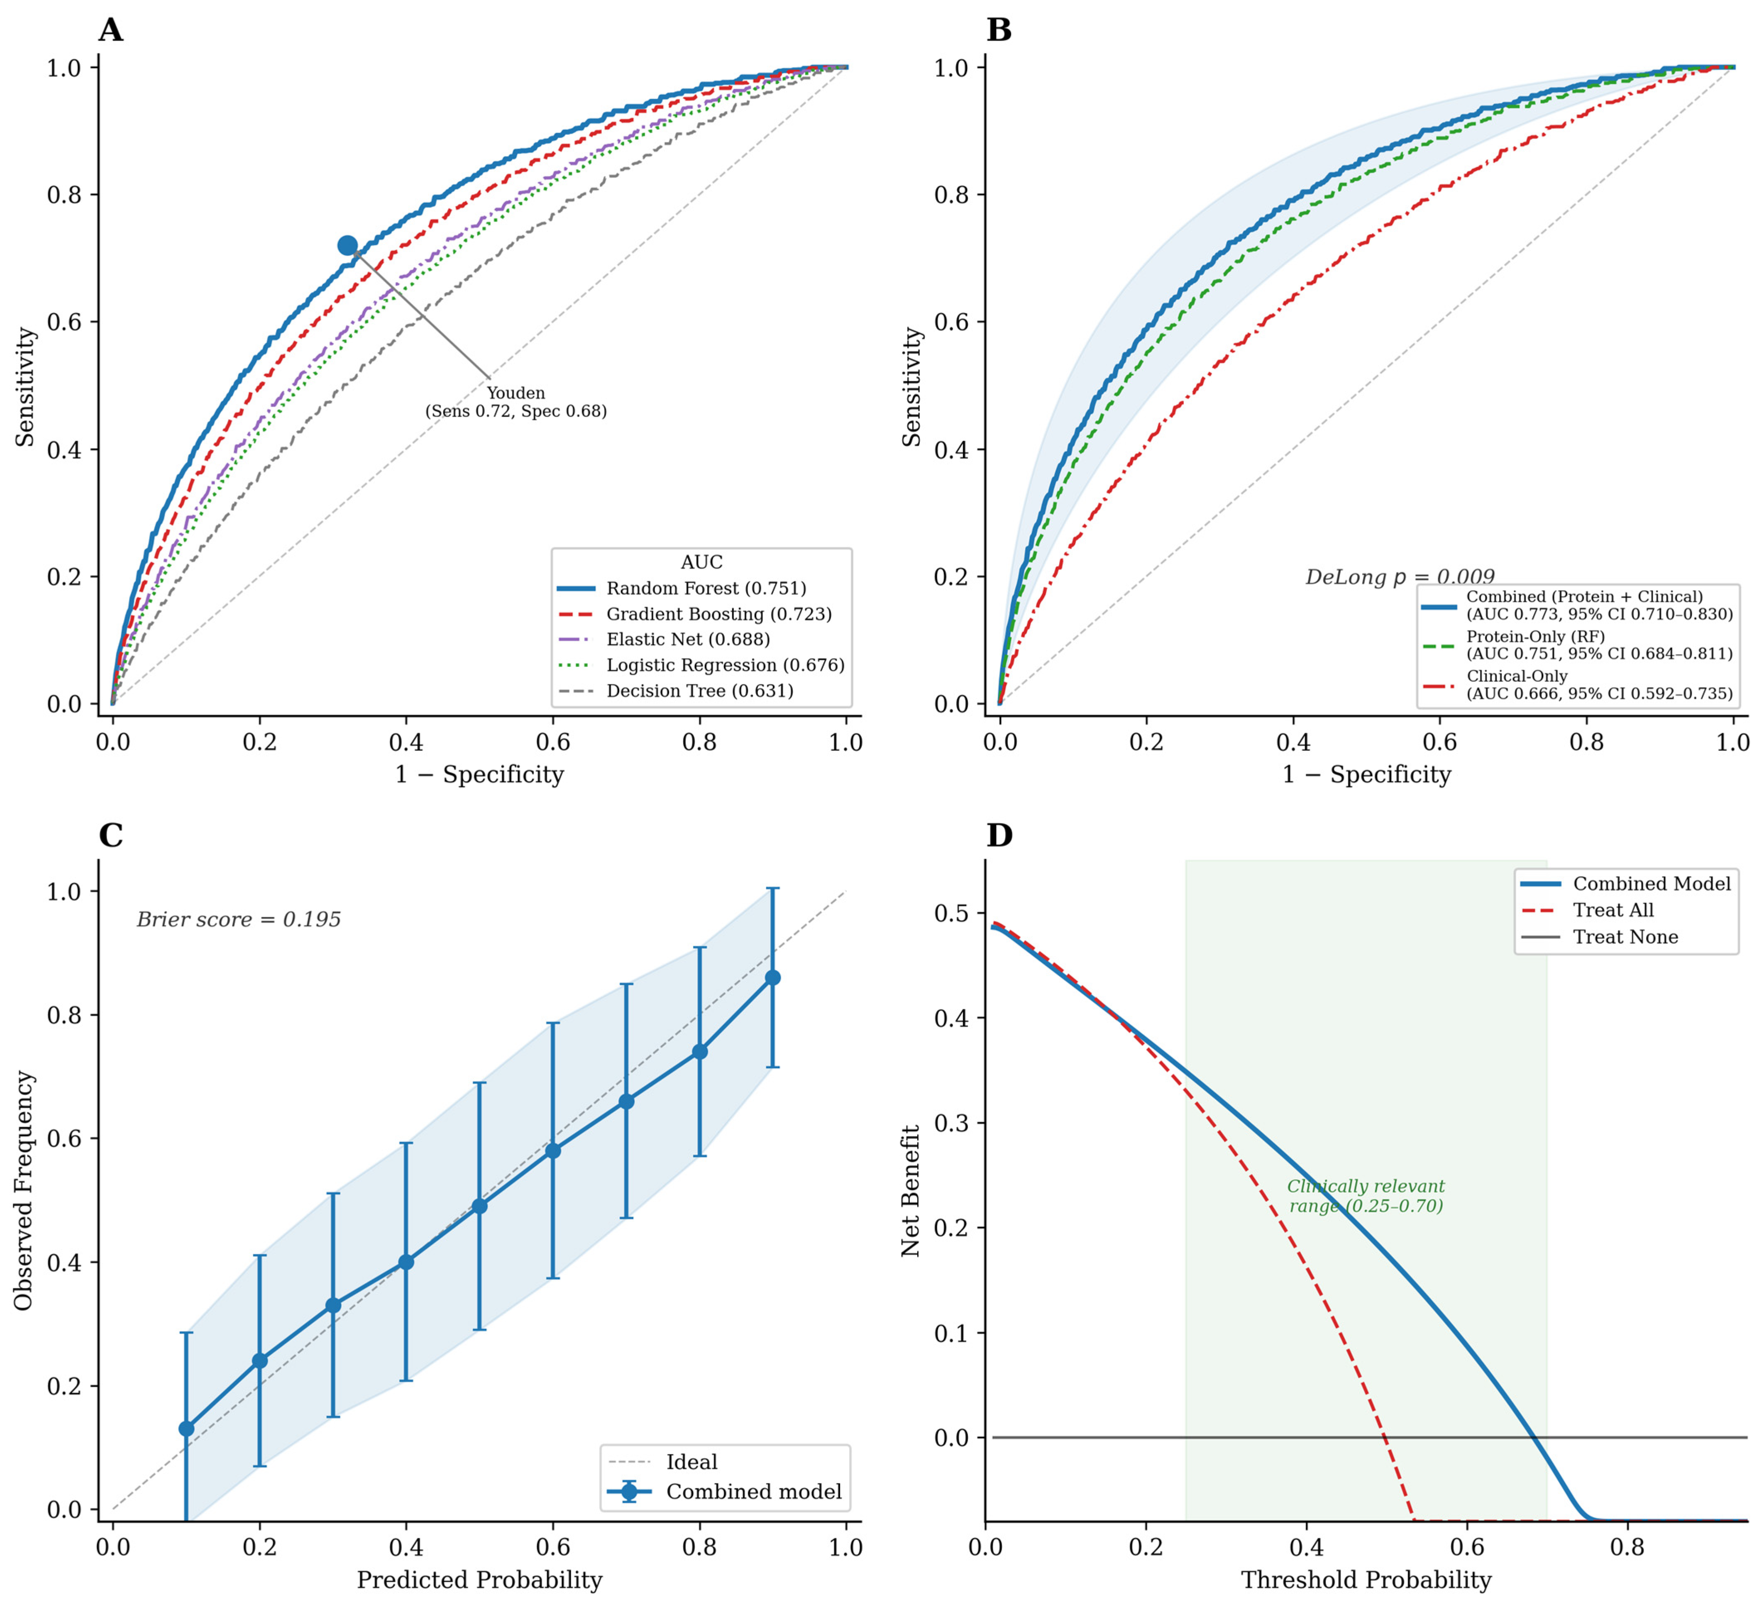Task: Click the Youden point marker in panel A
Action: [x=347, y=246]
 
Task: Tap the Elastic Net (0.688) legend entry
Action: [x=663, y=640]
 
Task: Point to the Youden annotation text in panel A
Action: [x=516, y=402]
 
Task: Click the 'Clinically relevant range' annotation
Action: [x=1366, y=1196]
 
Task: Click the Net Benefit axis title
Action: [x=911, y=1191]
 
